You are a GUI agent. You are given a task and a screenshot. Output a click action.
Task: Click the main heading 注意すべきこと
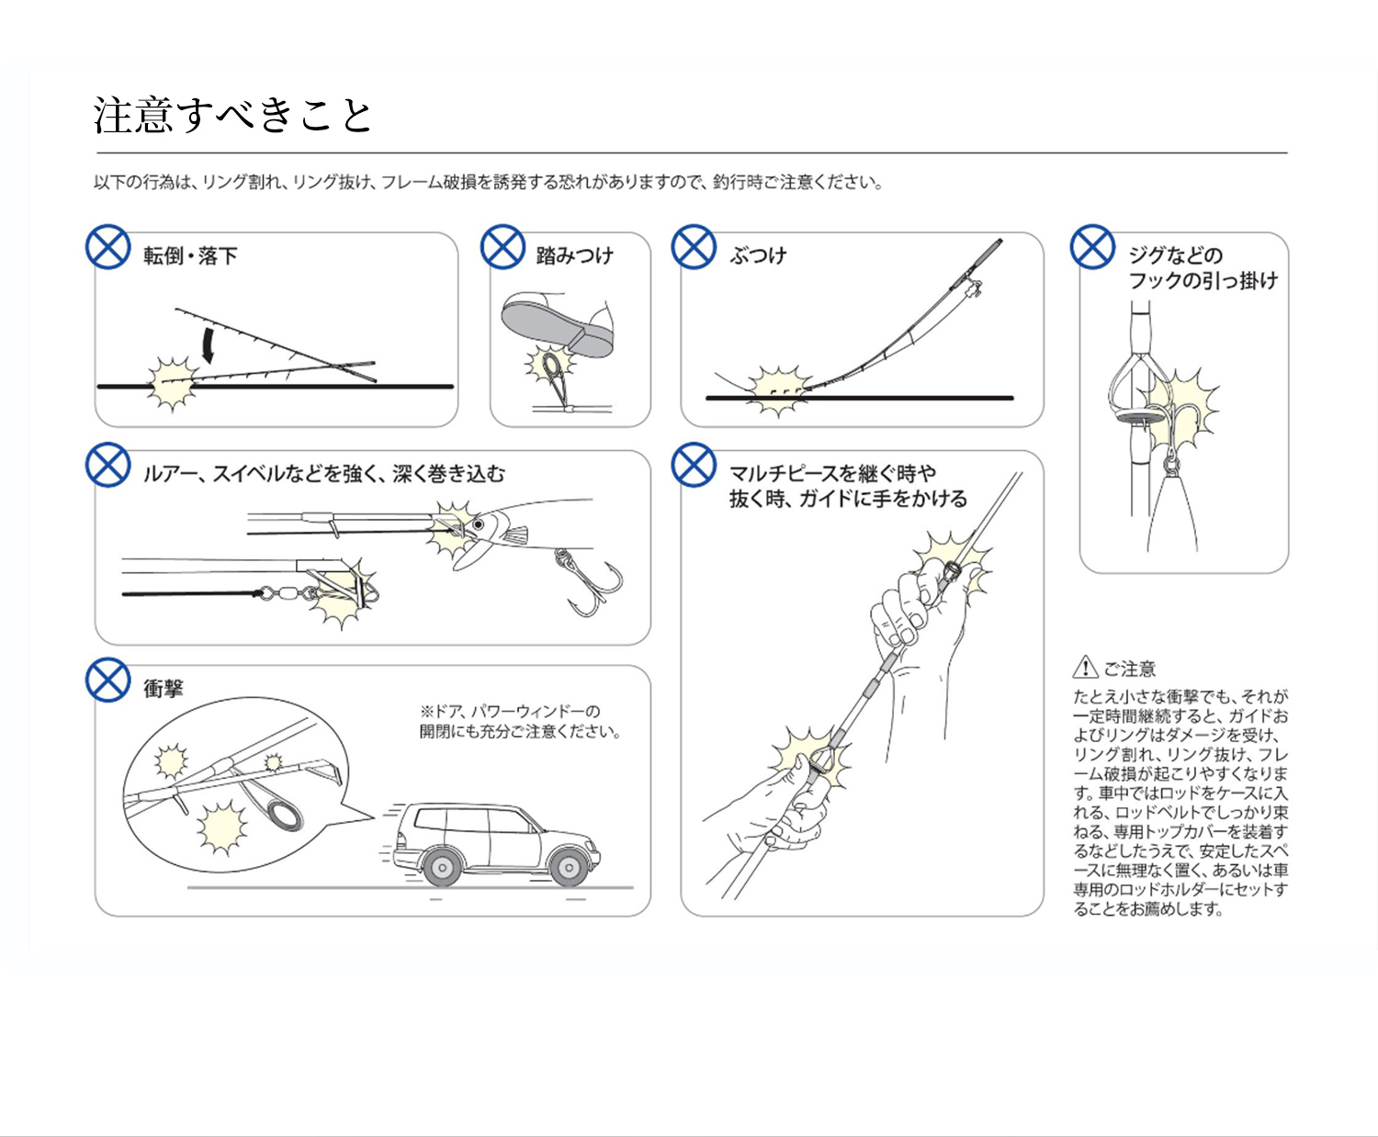point(233,116)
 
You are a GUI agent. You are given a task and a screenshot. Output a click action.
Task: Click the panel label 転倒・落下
point(190,256)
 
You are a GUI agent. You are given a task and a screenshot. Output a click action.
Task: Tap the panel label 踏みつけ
point(574,256)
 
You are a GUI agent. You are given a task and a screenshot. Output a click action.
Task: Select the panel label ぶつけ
point(758,256)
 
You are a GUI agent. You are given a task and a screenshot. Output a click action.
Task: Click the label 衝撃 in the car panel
point(164,688)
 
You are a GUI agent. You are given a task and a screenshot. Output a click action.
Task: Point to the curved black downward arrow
point(209,344)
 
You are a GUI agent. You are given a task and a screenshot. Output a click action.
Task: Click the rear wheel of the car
point(442,867)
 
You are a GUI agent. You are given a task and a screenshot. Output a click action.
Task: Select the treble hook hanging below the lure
point(588,583)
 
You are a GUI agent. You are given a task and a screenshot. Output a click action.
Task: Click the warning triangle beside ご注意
point(1085,667)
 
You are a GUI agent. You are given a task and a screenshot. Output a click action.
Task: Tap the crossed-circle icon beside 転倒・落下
point(108,247)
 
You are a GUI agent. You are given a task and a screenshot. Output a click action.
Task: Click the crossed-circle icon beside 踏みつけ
point(503,247)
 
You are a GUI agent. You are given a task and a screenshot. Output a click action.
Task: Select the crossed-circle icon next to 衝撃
point(108,681)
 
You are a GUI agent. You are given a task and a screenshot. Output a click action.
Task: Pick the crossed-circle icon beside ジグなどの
point(1092,247)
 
